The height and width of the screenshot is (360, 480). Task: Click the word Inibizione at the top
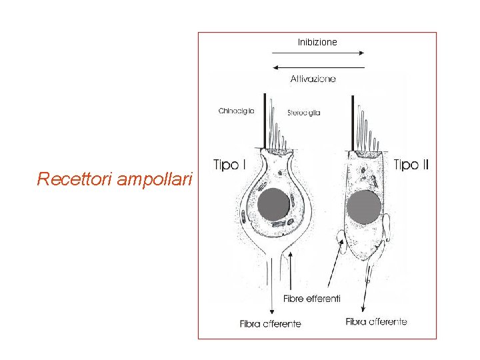click(x=317, y=42)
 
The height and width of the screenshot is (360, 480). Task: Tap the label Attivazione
click(x=313, y=79)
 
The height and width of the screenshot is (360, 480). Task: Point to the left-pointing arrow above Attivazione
click(x=319, y=67)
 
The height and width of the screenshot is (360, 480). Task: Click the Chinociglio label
click(x=236, y=111)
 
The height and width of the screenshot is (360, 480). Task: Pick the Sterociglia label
click(x=304, y=113)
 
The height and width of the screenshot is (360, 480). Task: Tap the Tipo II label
click(x=411, y=165)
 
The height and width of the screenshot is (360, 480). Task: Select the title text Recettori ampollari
click(x=115, y=179)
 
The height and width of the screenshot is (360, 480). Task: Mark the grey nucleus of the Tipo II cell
click(x=365, y=207)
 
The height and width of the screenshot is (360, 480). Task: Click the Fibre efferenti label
click(x=312, y=298)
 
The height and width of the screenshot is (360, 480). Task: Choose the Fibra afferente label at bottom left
click(x=271, y=324)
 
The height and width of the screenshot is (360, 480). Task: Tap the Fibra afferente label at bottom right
click(x=377, y=322)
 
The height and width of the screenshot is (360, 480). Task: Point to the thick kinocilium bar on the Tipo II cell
click(x=353, y=123)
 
